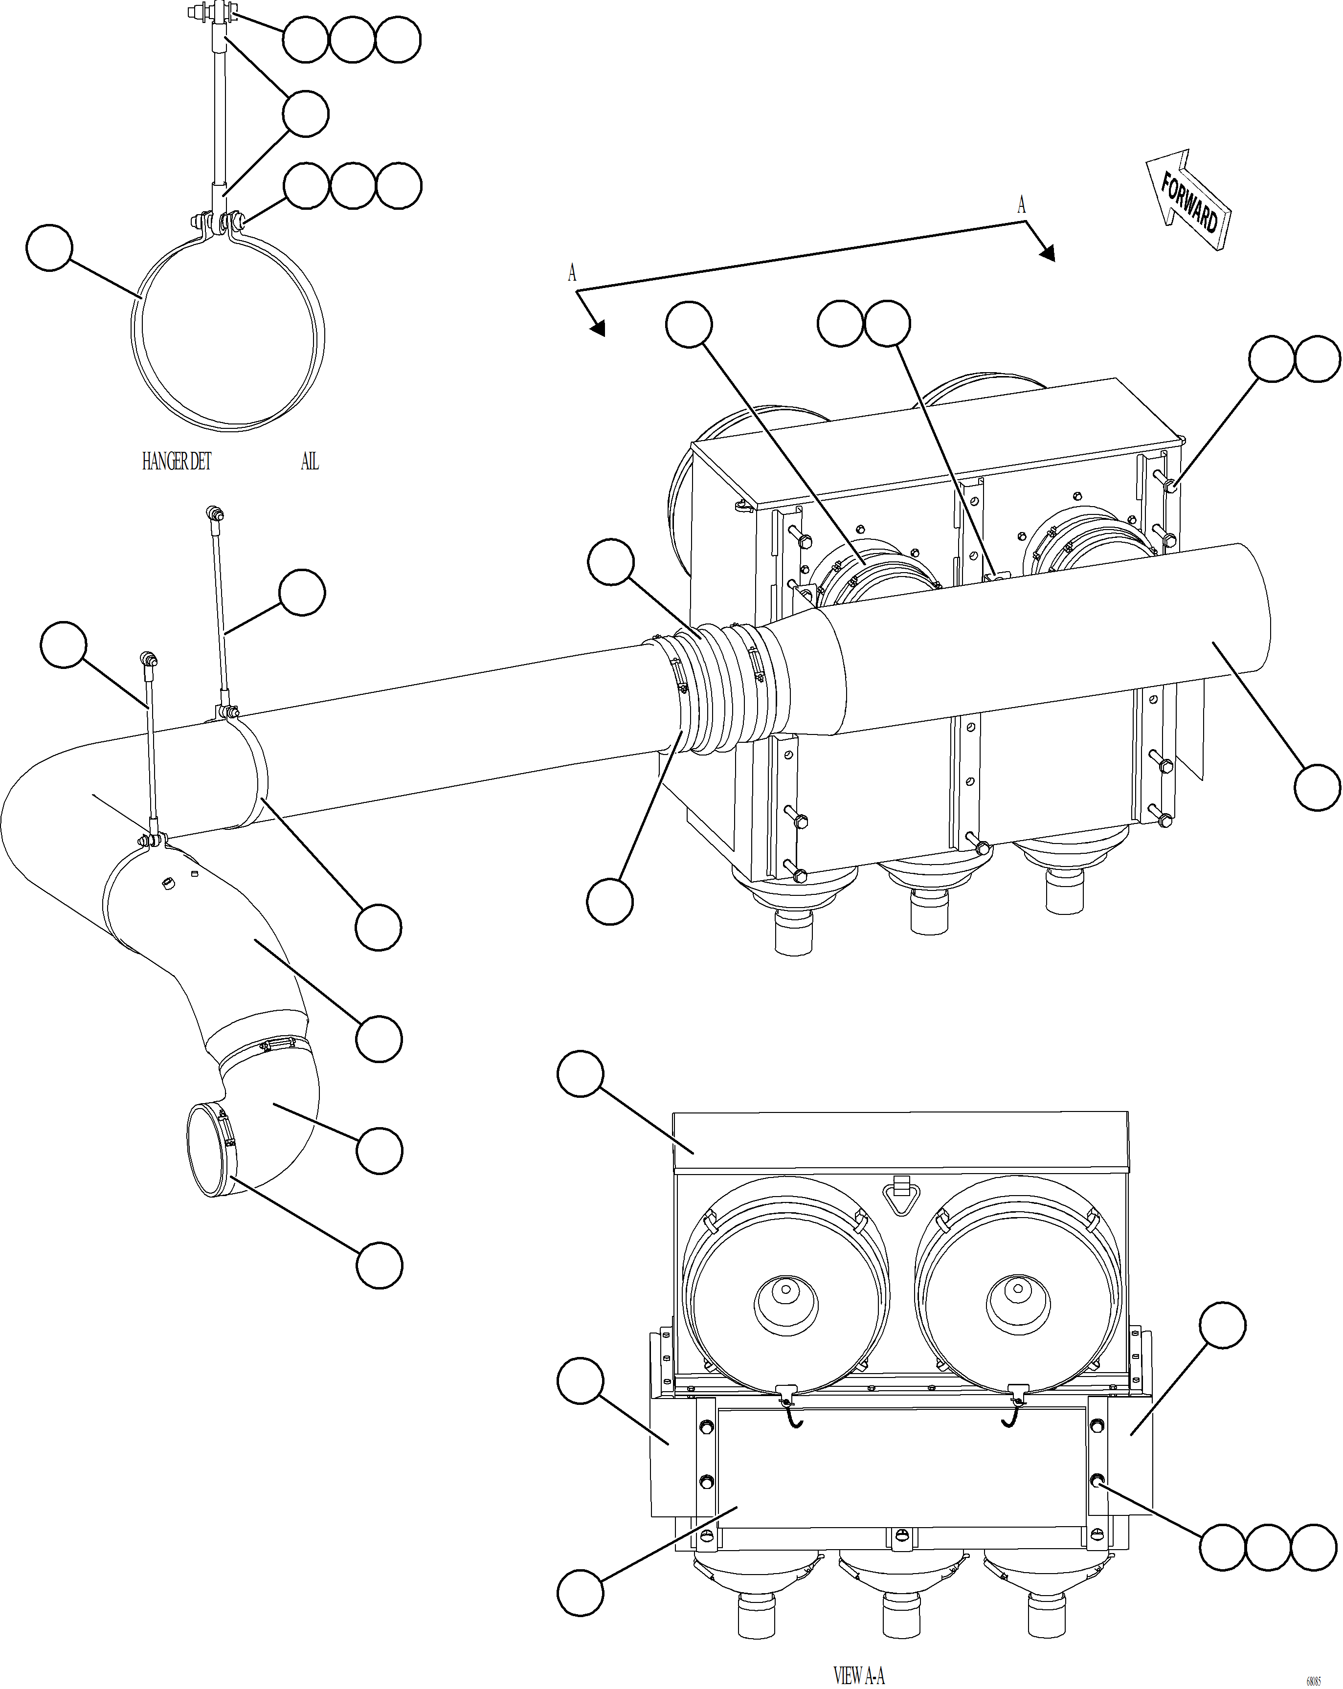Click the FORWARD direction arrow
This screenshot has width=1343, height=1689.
[x=1188, y=200]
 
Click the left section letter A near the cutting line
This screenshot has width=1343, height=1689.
[x=572, y=273]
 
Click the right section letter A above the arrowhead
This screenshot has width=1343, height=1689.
[x=1021, y=205]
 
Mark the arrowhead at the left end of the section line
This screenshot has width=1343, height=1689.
[x=597, y=328]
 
